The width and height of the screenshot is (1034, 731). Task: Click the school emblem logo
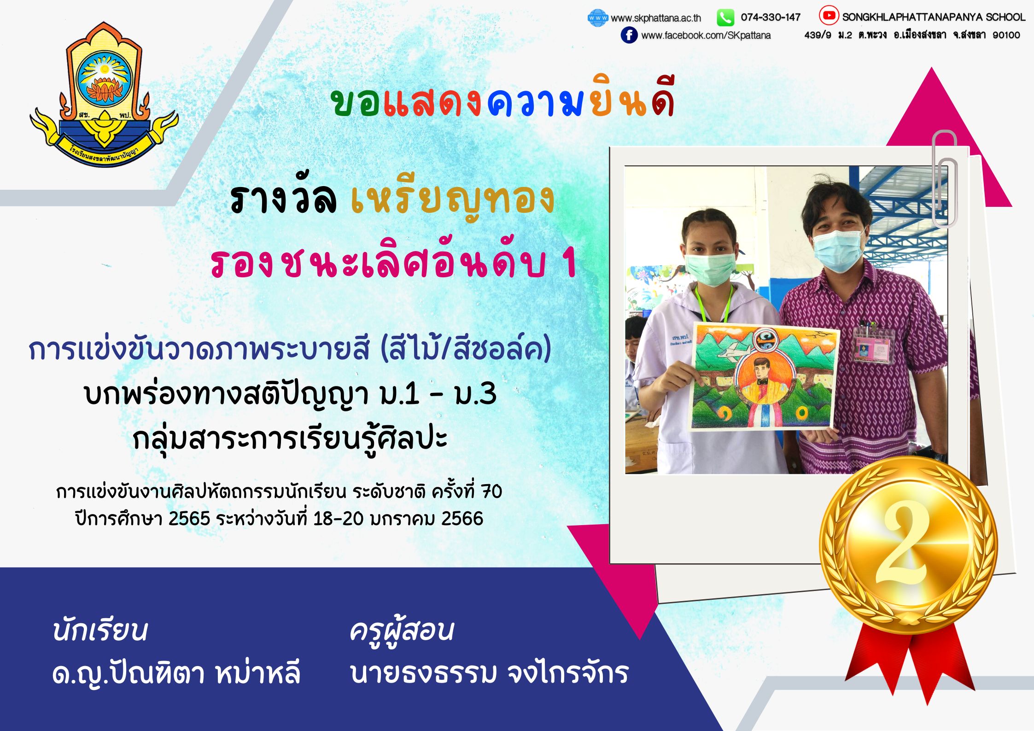pyautogui.click(x=104, y=94)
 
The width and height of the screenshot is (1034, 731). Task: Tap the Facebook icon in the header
pyautogui.click(x=629, y=35)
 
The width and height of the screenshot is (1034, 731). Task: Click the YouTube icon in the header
pyautogui.click(x=829, y=15)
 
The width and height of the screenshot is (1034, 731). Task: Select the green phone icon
pyautogui.click(x=725, y=18)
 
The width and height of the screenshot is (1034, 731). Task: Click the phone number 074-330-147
pyautogui.click(x=771, y=18)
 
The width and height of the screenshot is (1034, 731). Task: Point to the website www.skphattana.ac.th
pyautogui.click(x=656, y=18)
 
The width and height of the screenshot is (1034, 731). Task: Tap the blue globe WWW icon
pyautogui.click(x=598, y=18)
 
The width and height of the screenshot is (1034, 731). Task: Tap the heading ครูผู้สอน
pyautogui.click(x=402, y=631)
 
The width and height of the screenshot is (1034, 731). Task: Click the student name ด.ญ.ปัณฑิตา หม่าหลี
pyautogui.click(x=176, y=673)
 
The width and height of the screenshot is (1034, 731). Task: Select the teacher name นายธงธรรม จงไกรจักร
pyautogui.click(x=489, y=673)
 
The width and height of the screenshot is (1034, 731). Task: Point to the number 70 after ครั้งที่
pyautogui.click(x=491, y=492)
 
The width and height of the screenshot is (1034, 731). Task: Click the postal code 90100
pyautogui.click(x=1006, y=35)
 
